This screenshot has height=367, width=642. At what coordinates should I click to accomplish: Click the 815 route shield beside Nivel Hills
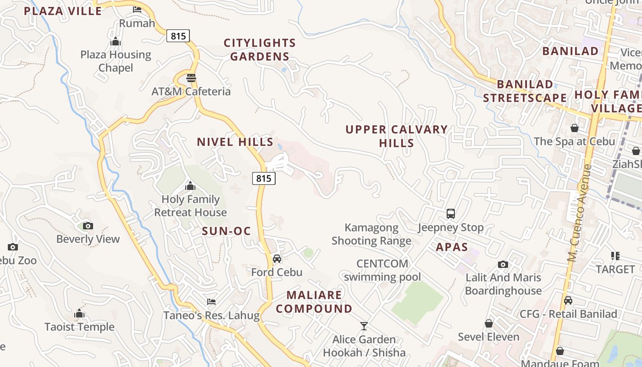[x=264, y=178]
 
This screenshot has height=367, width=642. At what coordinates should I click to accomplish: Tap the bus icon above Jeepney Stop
[x=451, y=214]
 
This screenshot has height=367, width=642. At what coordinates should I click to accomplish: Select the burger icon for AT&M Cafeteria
[x=191, y=78]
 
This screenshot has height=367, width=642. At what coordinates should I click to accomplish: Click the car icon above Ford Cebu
[x=277, y=259]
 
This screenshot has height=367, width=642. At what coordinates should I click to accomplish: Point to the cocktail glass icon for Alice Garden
[x=364, y=326]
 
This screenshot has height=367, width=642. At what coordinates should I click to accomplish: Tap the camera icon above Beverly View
[x=88, y=226]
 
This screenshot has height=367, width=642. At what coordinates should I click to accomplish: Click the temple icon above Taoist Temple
[x=79, y=314]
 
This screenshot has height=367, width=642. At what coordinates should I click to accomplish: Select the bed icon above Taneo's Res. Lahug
[x=211, y=302]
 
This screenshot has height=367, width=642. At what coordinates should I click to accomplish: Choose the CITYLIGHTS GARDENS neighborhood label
[x=260, y=50]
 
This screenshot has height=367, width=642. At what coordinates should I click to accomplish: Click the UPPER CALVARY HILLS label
[x=397, y=136]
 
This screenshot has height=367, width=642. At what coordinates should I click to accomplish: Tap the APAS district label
[x=452, y=247]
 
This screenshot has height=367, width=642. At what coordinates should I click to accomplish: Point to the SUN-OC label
[x=227, y=231]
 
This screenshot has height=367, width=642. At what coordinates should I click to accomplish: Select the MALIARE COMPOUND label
[x=314, y=302]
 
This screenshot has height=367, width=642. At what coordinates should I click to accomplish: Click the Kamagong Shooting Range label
[x=371, y=234]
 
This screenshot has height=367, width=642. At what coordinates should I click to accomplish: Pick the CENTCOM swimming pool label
[x=382, y=270]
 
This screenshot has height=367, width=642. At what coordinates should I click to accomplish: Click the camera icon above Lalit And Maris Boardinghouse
[x=503, y=265]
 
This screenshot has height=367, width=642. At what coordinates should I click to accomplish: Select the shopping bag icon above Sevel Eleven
[x=489, y=324]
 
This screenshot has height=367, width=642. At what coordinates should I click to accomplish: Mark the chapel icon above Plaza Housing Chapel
[x=116, y=42]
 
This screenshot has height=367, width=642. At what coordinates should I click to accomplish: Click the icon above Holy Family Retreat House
[x=190, y=186]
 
